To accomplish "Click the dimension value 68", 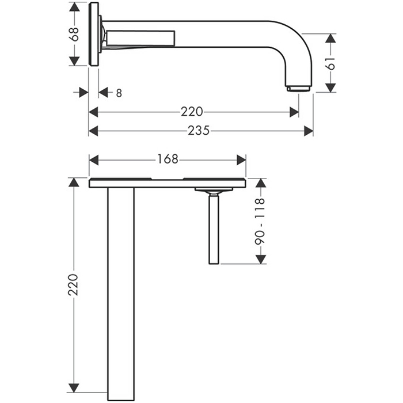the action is click(74, 34).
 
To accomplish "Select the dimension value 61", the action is click(330, 63).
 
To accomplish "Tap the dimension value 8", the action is click(119, 93).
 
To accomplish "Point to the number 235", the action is click(199, 131).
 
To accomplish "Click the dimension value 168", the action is click(168, 159).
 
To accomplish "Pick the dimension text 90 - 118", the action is click(260, 221).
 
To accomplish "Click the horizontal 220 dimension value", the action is click(192, 112).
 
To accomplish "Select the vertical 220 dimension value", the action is click(74, 285).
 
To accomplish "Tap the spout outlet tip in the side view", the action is click(299, 89).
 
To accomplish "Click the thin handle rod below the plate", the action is click(214, 229).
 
